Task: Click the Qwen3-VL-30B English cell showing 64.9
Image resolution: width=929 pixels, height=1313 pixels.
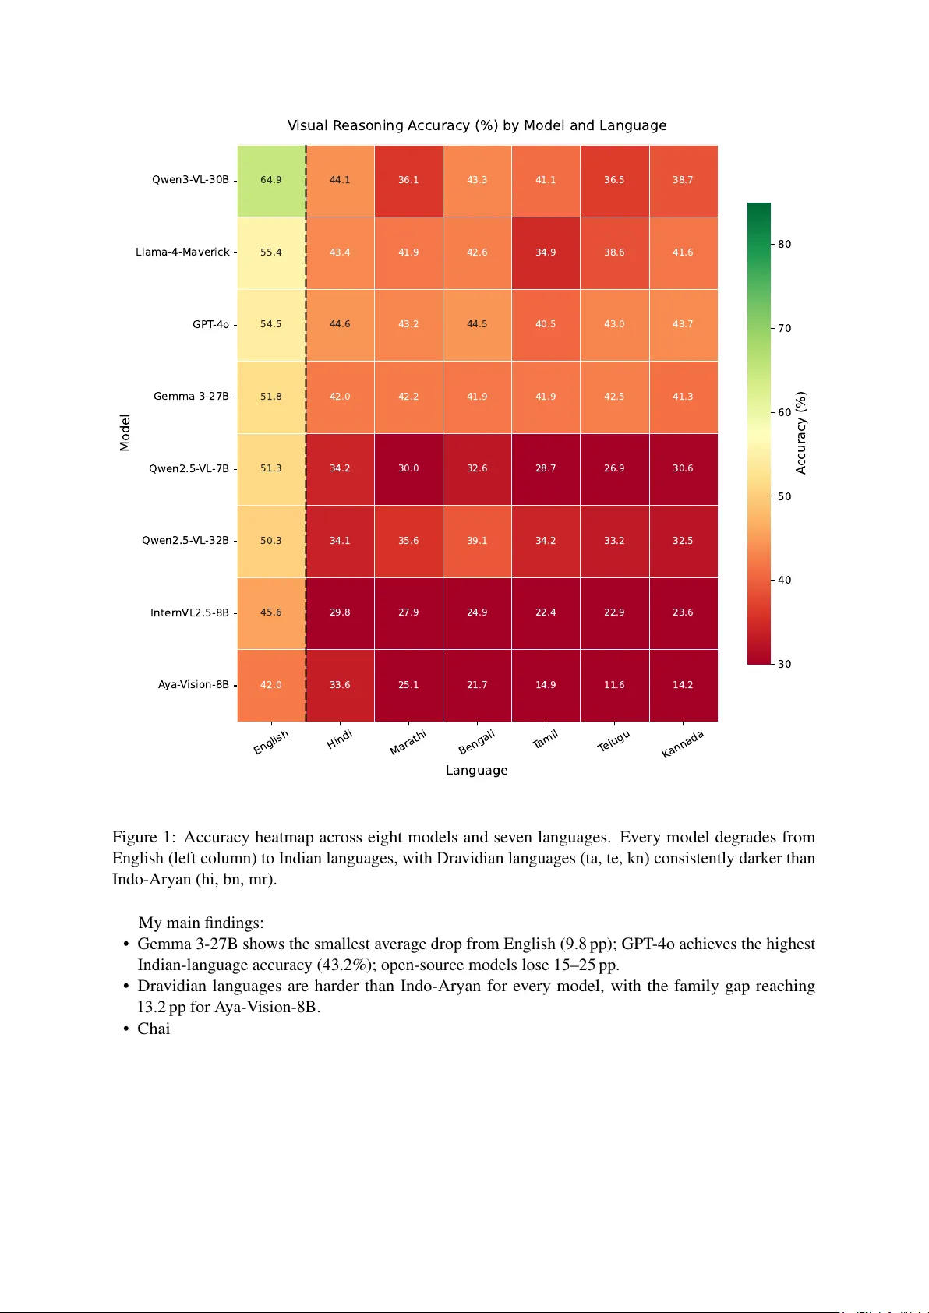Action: [271, 180]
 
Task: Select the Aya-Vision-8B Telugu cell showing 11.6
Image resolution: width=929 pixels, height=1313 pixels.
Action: [614, 685]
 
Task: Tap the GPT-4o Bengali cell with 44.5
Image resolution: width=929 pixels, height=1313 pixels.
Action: [477, 324]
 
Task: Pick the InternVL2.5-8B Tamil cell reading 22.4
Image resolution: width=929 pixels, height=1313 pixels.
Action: [546, 612]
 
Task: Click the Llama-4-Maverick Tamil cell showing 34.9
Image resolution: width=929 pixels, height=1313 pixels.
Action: [546, 252]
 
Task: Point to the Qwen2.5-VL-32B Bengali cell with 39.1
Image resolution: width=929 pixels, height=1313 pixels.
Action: [477, 541]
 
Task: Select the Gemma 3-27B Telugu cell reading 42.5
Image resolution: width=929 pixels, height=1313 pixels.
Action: [614, 397]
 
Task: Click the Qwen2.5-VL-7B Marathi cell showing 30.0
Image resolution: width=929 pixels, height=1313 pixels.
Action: [408, 468]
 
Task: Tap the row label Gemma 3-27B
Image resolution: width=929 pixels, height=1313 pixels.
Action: [191, 397]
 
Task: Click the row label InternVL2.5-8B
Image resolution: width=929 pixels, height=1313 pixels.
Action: [189, 613]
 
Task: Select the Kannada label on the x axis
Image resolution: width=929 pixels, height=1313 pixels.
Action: [683, 744]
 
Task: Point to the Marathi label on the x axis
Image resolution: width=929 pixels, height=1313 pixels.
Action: [408, 743]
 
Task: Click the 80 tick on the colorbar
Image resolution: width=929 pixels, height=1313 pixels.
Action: [785, 244]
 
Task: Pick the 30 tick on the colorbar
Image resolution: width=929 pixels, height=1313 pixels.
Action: [785, 664]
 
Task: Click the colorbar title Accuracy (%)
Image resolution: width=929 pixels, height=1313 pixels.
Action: [800, 433]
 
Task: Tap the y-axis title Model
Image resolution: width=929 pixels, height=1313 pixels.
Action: [125, 433]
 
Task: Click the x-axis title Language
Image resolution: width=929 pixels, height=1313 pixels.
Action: [477, 771]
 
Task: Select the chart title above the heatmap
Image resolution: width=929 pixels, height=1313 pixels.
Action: [477, 125]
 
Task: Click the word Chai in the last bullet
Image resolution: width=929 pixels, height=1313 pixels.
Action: [154, 1029]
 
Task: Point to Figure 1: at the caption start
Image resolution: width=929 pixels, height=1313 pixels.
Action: [144, 837]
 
